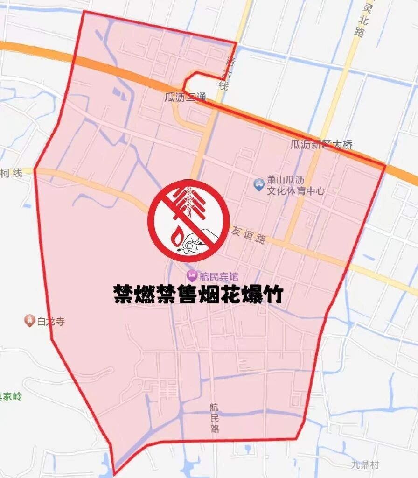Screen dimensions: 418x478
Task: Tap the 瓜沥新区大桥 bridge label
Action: [321, 145]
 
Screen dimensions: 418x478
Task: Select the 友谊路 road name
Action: [249, 235]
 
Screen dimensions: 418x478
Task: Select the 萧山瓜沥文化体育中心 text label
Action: [296, 186]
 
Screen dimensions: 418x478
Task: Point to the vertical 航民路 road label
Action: [214, 418]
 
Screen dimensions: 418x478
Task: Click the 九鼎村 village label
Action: [365, 465]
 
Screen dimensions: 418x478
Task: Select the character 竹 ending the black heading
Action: [271, 294]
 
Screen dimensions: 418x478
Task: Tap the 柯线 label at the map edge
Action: [11, 173]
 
